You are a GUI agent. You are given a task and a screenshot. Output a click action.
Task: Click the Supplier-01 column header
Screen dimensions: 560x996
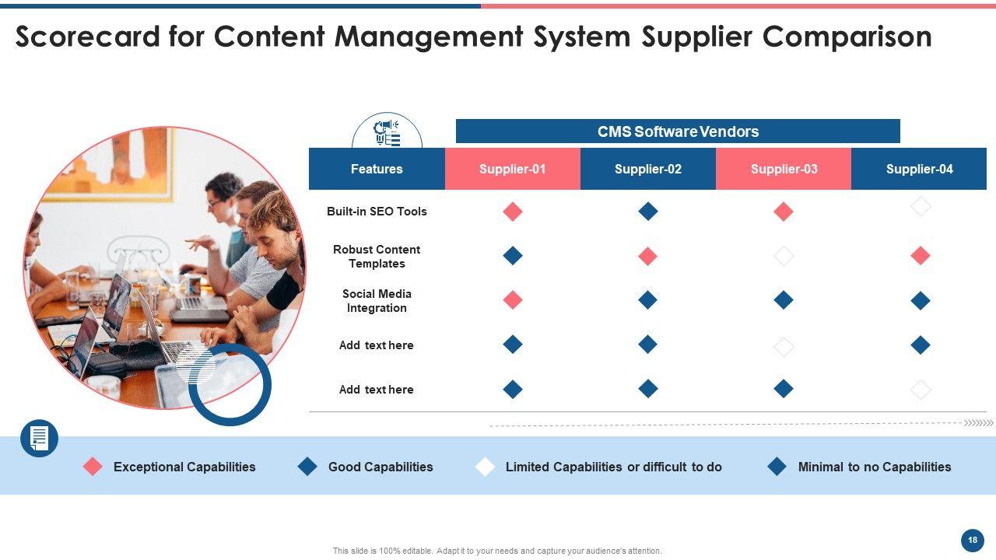coord(512,169)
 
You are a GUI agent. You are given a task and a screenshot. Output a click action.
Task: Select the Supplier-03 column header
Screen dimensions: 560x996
coord(784,169)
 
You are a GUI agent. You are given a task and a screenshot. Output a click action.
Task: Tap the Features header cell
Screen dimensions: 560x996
coord(377,169)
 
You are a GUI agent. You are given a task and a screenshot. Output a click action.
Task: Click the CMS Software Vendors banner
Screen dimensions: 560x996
coord(678,131)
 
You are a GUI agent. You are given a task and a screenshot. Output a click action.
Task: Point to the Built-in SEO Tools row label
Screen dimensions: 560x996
coord(377,212)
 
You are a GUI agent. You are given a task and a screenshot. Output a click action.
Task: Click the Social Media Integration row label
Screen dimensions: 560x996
coord(377,301)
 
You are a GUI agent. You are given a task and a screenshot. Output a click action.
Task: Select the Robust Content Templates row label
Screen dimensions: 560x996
coord(377,257)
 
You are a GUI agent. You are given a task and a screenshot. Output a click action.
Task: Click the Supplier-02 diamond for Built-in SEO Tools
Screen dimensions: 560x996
coord(648,212)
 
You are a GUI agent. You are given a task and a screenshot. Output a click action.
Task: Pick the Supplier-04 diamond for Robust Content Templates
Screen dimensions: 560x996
coord(921,256)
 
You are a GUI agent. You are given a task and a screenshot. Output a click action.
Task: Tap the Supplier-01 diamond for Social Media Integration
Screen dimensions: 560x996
coord(513,300)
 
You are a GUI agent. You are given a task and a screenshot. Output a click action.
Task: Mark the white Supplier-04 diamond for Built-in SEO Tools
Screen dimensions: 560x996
coord(921,207)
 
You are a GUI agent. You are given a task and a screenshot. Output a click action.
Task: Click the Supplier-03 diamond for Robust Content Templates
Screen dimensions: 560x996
coord(784,256)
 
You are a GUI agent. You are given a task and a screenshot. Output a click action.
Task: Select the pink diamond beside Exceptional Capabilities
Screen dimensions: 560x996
coord(93,467)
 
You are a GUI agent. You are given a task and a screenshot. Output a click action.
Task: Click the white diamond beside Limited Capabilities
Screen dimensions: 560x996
coord(486,467)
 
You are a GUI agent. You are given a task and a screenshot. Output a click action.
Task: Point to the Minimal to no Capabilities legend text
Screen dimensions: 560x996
coord(875,467)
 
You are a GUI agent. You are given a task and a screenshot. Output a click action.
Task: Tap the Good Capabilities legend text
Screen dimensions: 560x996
coord(381,467)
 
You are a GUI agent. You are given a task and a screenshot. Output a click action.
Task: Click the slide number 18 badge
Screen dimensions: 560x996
coord(972,540)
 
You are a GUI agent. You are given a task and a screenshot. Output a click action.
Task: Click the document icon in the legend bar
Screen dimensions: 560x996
coord(39,439)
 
